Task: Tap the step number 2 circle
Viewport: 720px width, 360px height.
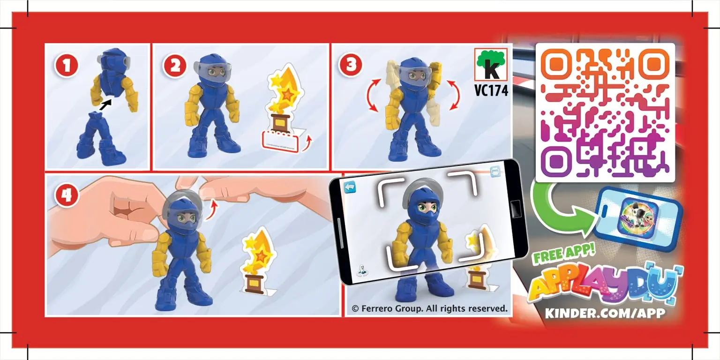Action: (x=174, y=66)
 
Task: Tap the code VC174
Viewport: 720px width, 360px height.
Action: (x=491, y=91)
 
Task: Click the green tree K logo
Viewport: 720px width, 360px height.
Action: (x=491, y=66)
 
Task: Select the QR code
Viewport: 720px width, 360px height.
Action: (x=605, y=112)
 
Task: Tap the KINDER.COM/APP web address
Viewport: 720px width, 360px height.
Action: (x=605, y=313)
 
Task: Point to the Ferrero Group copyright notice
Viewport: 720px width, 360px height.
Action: (x=429, y=308)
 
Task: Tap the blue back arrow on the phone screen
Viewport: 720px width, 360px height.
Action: (x=350, y=187)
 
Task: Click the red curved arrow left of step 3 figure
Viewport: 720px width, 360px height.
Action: (x=373, y=96)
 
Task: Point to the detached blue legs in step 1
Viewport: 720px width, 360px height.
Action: (x=100, y=138)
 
